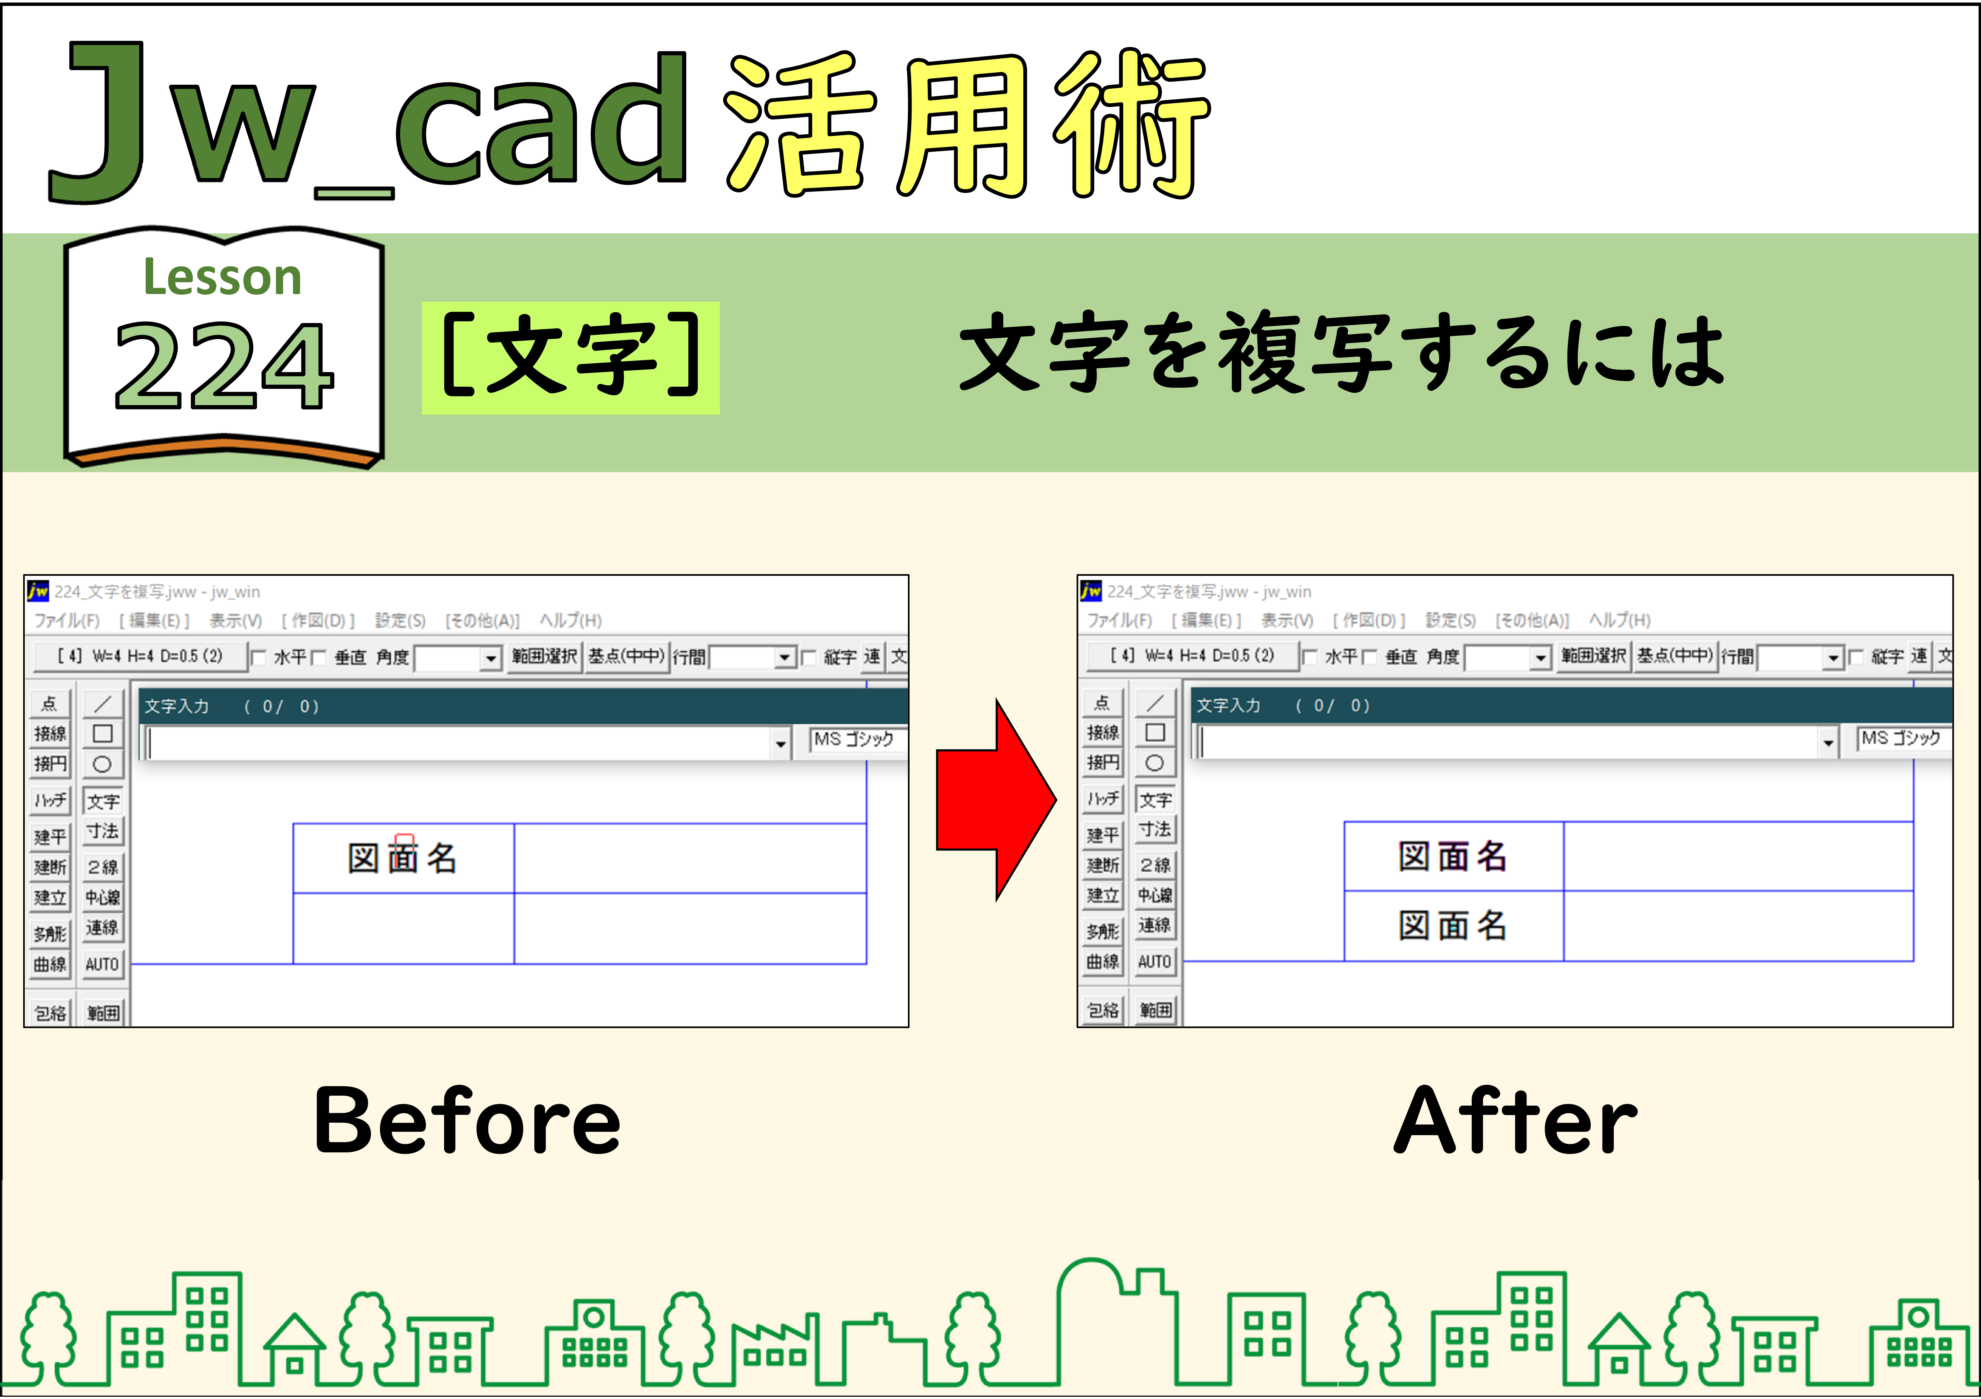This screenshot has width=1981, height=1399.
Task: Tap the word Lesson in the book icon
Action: click(x=222, y=278)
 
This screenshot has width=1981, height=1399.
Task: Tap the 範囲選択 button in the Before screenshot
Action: click(x=544, y=656)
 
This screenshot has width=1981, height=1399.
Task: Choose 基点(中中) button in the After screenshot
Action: click(x=1675, y=655)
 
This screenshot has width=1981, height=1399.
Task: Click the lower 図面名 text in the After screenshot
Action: click(x=1453, y=926)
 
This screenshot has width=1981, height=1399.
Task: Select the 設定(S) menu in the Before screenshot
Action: click(x=400, y=620)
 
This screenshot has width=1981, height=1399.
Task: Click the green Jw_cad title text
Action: click(x=367, y=121)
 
